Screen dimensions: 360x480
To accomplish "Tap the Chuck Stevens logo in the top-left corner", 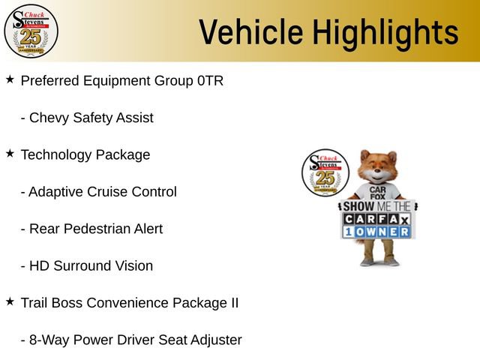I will point(31,31).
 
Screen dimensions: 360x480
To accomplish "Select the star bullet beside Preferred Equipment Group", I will point(10,79).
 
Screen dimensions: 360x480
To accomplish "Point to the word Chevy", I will point(47,118).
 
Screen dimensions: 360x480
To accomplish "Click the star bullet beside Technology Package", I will point(10,153).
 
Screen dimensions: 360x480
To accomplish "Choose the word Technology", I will point(55,155).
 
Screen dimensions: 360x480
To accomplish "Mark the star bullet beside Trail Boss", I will point(10,301).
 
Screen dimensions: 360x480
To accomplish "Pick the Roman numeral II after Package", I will point(232,303).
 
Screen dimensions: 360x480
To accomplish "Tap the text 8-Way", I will point(49,340).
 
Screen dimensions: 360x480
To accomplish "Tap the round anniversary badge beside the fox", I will point(324,173).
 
